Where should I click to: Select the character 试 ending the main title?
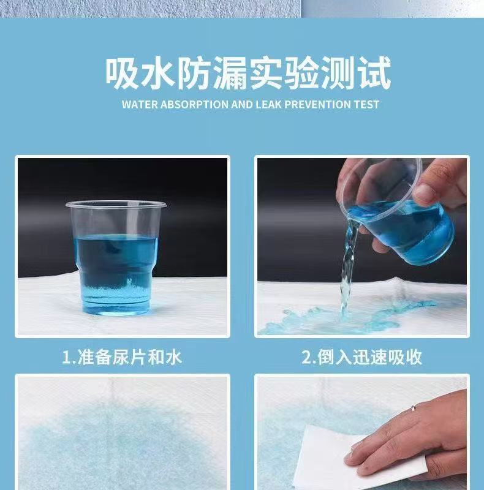coord(374,73)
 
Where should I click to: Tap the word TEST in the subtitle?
coord(366,104)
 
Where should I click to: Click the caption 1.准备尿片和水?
coord(122,357)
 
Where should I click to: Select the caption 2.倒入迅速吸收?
coord(361,357)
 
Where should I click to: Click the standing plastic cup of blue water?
coord(116,257)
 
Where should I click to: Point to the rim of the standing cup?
coord(116,205)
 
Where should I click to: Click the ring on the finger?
coord(414,408)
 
